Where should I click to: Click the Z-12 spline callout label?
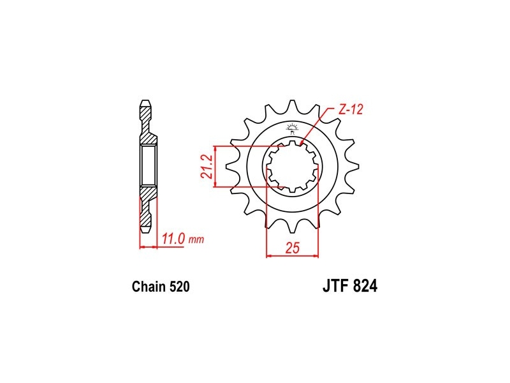tap(350, 110)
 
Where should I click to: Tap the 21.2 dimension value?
tap(207, 167)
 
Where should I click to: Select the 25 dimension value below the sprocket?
tap(292, 248)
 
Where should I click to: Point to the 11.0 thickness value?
tap(173, 239)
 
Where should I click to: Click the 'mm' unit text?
tap(196, 241)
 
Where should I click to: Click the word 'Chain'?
tap(149, 287)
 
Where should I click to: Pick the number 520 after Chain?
tap(179, 287)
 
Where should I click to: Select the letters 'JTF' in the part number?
tap(336, 286)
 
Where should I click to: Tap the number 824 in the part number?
tap(365, 286)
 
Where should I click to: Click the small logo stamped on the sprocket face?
tap(292, 129)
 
